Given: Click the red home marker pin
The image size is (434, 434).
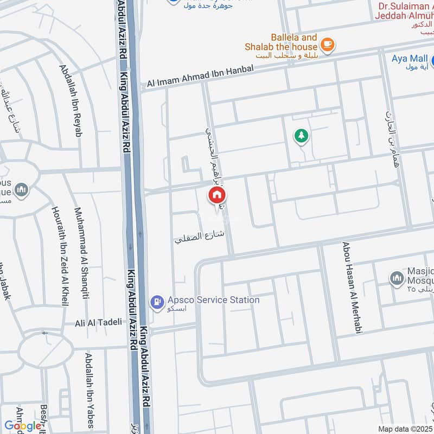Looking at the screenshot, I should pos(217,195).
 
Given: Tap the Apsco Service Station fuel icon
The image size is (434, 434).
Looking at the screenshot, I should pos(157,302).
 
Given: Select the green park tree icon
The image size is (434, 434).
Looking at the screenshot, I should pos(301,136).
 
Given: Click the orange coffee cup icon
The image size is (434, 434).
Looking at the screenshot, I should pos(327,45).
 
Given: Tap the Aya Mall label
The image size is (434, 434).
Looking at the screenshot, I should pos(410,59).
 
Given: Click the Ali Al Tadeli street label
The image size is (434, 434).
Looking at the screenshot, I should pos(98,322).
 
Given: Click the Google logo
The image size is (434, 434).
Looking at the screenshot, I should pos(23,425).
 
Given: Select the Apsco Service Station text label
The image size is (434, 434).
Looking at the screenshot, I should pos(213,299).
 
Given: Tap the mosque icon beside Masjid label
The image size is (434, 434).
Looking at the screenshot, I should pos(397,279).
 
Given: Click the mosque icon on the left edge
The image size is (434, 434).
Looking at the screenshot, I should pos(21,190).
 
